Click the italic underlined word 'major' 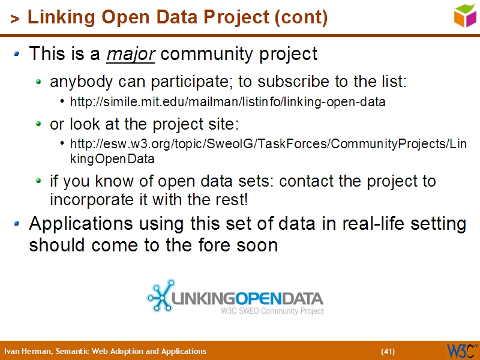coord(131,55)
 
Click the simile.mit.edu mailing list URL coord(227,102)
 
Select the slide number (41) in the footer coord(388,351)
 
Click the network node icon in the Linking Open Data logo coord(160,296)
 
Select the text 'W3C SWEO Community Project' coord(272,311)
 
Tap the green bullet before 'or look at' coord(38,124)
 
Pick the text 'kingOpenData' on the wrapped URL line coord(112,159)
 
